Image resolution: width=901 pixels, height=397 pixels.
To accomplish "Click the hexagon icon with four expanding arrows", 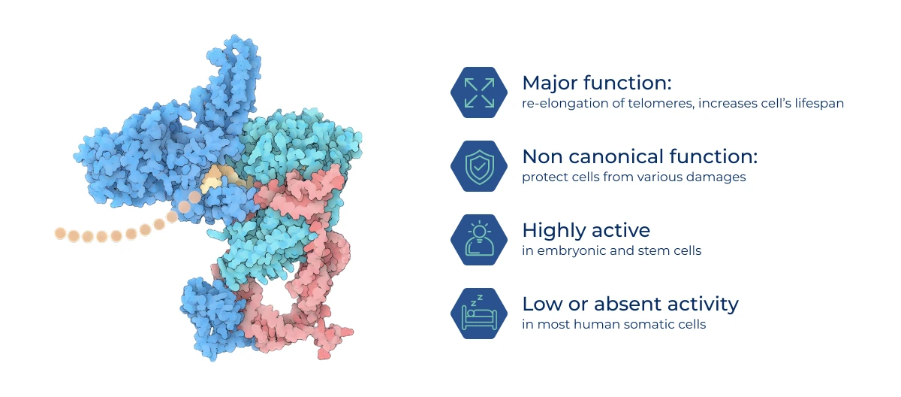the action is (479, 92).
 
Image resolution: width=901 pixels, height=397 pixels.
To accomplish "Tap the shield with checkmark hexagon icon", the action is (479, 166).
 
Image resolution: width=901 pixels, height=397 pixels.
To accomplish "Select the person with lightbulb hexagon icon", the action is (479, 240).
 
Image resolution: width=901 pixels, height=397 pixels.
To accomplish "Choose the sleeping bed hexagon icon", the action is (479, 314).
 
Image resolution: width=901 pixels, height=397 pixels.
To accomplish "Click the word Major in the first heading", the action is (550, 83).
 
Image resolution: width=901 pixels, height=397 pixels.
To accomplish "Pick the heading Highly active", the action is (586, 231).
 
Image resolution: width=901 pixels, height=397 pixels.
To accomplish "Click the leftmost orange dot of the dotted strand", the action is (60, 233).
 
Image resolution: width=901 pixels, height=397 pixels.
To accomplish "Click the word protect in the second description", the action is (543, 177).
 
